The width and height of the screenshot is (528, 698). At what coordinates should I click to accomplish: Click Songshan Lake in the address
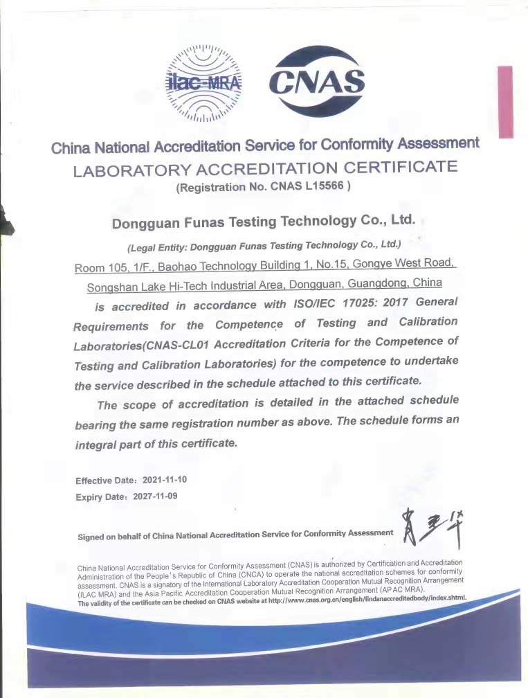122,287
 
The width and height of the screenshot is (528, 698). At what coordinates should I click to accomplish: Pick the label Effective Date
102,481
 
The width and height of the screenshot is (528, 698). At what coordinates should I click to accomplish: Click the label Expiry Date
99,497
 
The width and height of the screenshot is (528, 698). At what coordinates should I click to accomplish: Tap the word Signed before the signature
91,536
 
